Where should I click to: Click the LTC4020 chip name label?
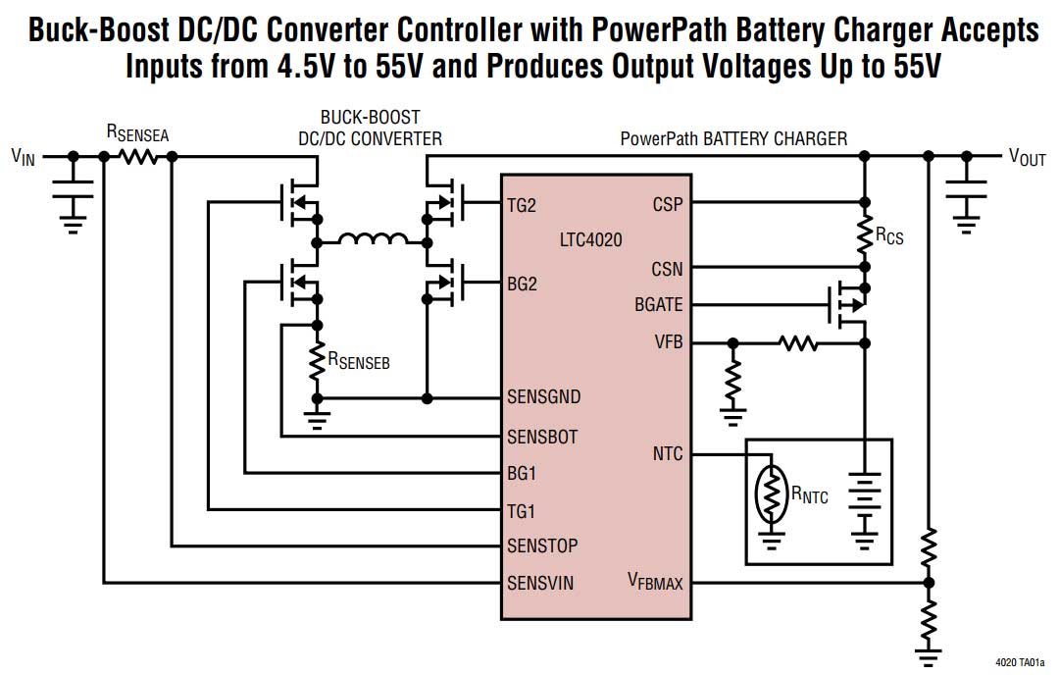click(x=590, y=238)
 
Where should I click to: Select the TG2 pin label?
click(x=523, y=205)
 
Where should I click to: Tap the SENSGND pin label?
click(x=543, y=397)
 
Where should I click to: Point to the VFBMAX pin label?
click(x=655, y=582)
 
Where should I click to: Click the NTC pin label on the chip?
click(x=668, y=454)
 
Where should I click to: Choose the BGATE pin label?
click(x=658, y=305)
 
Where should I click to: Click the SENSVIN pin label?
click(x=540, y=583)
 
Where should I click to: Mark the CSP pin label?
click(x=668, y=205)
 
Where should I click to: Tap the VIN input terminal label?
click(x=23, y=157)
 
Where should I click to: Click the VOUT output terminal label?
click(x=1027, y=158)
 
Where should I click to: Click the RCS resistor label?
click(x=889, y=235)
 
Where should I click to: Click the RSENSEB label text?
click(x=359, y=362)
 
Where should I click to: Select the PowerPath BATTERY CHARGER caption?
click(x=733, y=138)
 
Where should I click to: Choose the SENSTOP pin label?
click(x=542, y=545)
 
